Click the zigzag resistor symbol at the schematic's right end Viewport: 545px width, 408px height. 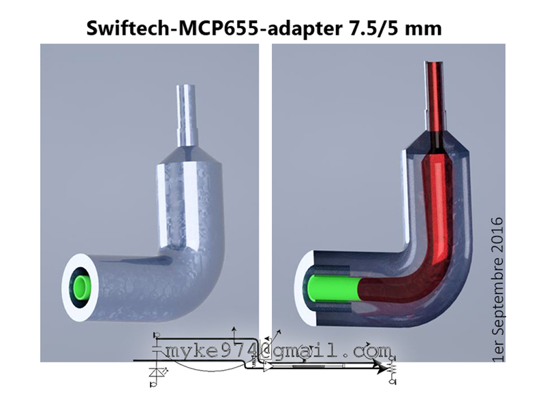click(393, 368)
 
